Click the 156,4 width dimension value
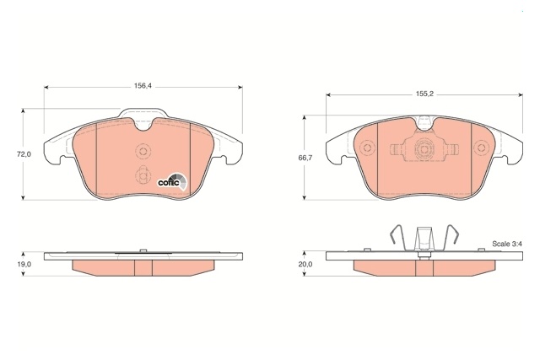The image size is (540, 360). pyautogui.click(x=143, y=86)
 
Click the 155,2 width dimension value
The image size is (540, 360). pyautogui.click(x=424, y=94)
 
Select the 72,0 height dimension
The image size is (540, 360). pyautogui.click(x=24, y=154)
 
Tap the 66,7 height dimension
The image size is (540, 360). pyautogui.click(x=305, y=158)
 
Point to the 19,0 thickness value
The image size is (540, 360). pyautogui.click(x=24, y=265)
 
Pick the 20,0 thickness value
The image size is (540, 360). pyautogui.click(x=305, y=265)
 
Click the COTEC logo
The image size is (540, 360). pyautogui.click(x=172, y=181)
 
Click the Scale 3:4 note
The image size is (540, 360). pyautogui.click(x=507, y=244)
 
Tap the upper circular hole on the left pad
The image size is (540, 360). pyautogui.click(x=143, y=151)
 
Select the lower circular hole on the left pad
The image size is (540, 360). pyautogui.click(x=143, y=175)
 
